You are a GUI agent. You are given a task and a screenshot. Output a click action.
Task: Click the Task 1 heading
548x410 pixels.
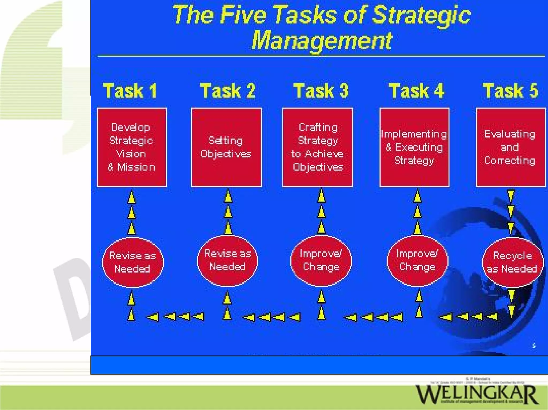click(x=130, y=91)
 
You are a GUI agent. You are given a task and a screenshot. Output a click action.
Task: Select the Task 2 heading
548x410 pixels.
click(x=228, y=91)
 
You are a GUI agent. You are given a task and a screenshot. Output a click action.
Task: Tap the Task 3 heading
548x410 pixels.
click(x=321, y=91)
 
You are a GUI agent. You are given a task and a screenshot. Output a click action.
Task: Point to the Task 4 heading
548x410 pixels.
click(x=416, y=91)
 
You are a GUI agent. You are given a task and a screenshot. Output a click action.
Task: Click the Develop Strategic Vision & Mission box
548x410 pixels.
click(x=132, y=147)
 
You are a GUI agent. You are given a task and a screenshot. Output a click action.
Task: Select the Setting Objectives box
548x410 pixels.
click(x=226, y=147)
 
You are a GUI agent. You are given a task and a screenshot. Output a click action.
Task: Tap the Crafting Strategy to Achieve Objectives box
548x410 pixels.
click(x=318, y=147)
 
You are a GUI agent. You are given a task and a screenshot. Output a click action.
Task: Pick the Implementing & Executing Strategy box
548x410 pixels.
click(x=414, y=147)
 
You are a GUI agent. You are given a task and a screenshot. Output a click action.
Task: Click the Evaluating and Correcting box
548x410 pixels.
click(x=510, y=147)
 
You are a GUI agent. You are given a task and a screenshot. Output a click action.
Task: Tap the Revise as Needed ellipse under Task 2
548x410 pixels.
click(x=227, y=261)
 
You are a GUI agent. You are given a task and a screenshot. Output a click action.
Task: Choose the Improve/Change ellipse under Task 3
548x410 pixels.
click(x=321, y=261)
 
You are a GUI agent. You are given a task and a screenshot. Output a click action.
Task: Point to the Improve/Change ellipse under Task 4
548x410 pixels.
click(x=417, y=261)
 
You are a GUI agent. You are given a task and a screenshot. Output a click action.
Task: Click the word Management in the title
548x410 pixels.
click(x=321, y=41)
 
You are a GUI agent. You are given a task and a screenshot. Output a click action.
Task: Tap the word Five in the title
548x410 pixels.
click(x=243, y=15)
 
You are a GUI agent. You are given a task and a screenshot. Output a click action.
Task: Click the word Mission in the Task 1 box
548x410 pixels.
click(x=136, y=167)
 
